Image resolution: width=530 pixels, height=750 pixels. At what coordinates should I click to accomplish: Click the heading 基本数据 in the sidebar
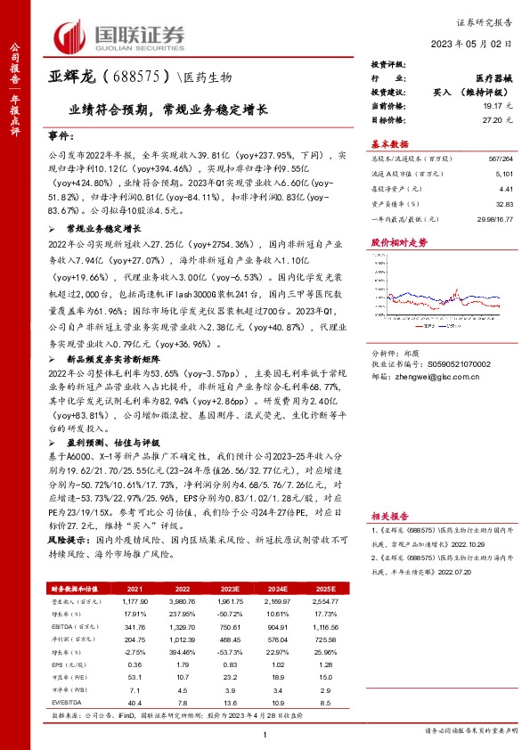pos(389,143)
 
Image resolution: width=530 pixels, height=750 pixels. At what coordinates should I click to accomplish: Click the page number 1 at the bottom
pos(265,733)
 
